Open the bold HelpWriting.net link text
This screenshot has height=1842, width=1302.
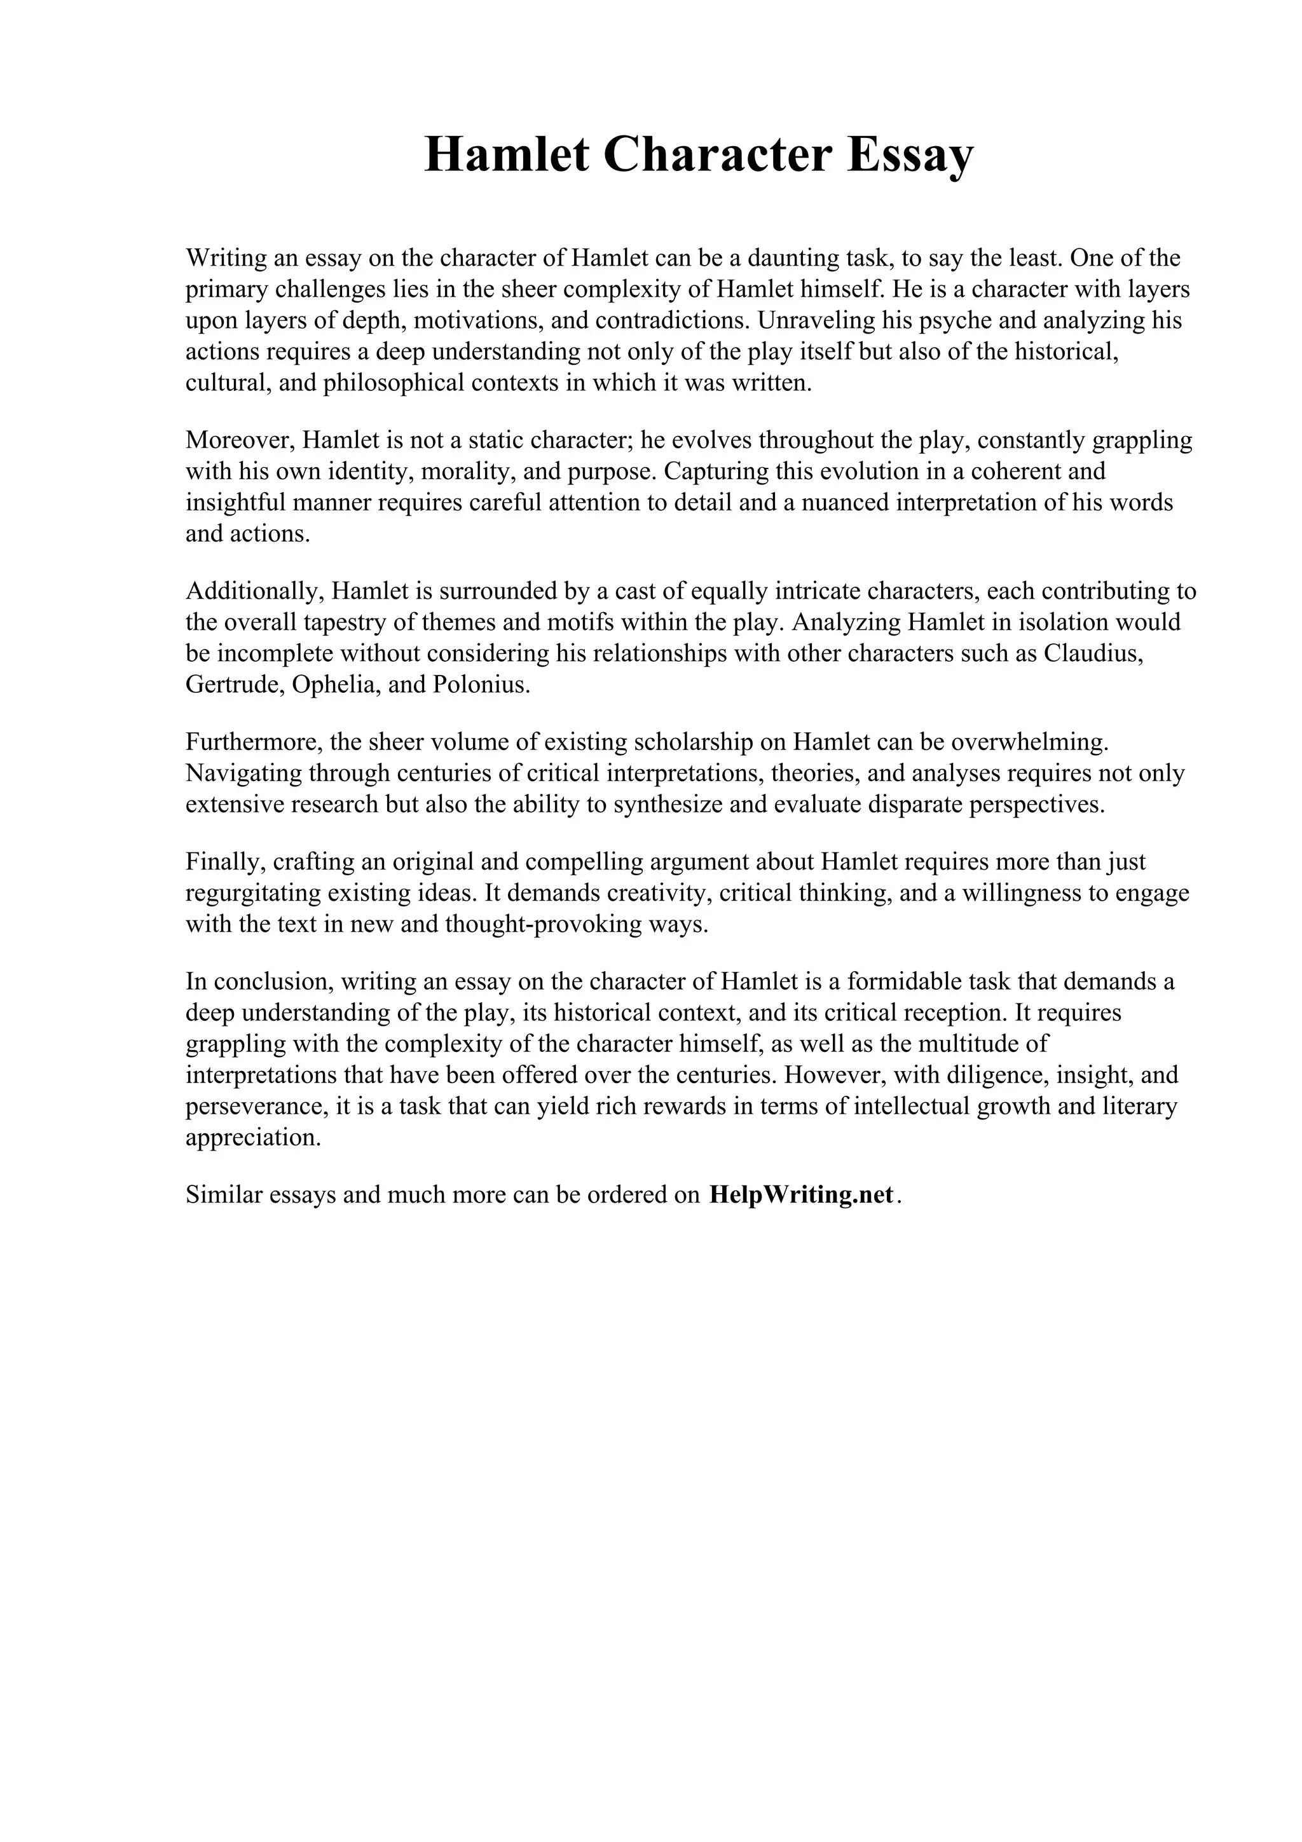pos(800,1194)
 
